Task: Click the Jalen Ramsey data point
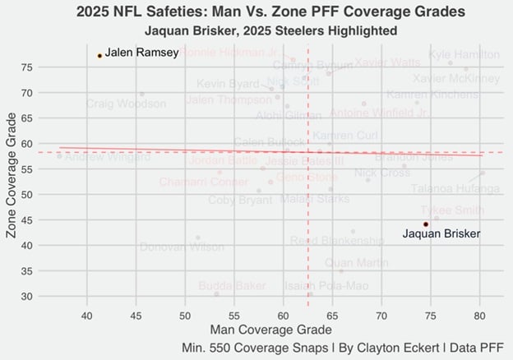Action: (99, 56)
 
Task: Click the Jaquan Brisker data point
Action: (425, 224)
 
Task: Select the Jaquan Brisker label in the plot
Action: (441, 234)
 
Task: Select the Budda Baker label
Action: (232, 286)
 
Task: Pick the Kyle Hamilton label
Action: (464, 54)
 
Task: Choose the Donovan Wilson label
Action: (182, 247)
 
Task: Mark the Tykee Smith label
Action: (452, 210)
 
